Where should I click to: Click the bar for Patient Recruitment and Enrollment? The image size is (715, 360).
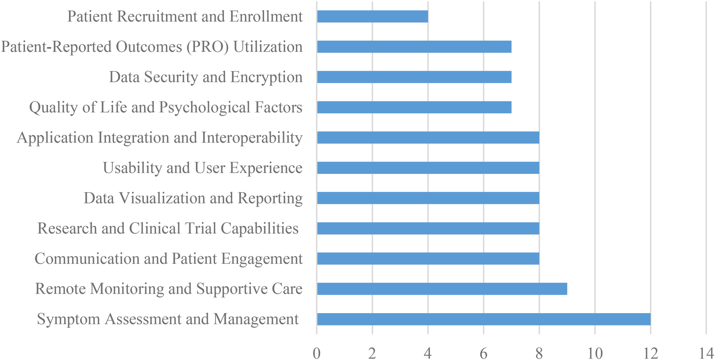[372, 17]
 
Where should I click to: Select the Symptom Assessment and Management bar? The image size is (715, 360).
[483, 319]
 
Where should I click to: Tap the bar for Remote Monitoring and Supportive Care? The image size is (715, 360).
[442, 289]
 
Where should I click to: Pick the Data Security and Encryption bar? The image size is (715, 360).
[414, 77]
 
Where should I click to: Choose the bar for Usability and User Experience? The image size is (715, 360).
[428, 168]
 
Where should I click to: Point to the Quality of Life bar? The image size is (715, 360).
[414, 107]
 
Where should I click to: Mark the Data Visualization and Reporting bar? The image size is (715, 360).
[428, 198]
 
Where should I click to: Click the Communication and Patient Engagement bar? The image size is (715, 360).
[428, 258]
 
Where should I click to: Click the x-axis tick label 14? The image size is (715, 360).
[706, 353]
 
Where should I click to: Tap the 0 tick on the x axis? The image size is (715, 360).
[317, 353]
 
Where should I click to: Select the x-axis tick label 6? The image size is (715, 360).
[483, 353]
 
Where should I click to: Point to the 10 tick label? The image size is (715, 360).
[595, 353]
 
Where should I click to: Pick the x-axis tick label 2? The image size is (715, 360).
[372, 353]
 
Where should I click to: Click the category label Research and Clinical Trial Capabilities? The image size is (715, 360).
[168, 229]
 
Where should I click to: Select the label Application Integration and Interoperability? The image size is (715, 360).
[160, 138]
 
